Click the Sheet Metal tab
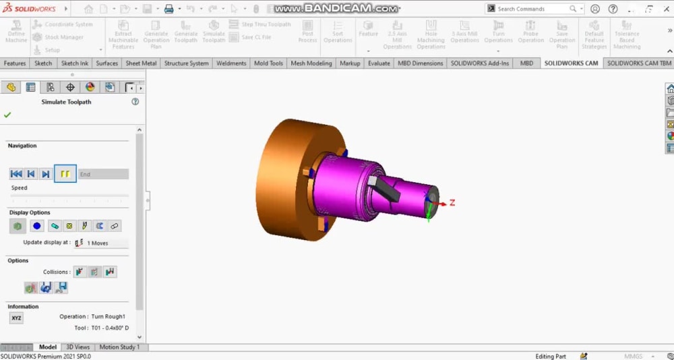coord(141,63)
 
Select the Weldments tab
coord(231,63)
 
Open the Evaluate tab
coord(379,63)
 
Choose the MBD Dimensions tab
coord(421,63)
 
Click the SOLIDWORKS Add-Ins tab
coord(479,63)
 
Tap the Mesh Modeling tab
coord(311,63)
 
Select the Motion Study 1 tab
coord(119,347)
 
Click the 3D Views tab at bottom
coord(78,347)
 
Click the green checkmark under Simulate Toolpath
coord(7,115)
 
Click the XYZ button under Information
coord(16,318)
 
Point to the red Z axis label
coord(452,202)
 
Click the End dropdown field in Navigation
coord(103,174)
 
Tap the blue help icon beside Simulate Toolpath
coord(135,102)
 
